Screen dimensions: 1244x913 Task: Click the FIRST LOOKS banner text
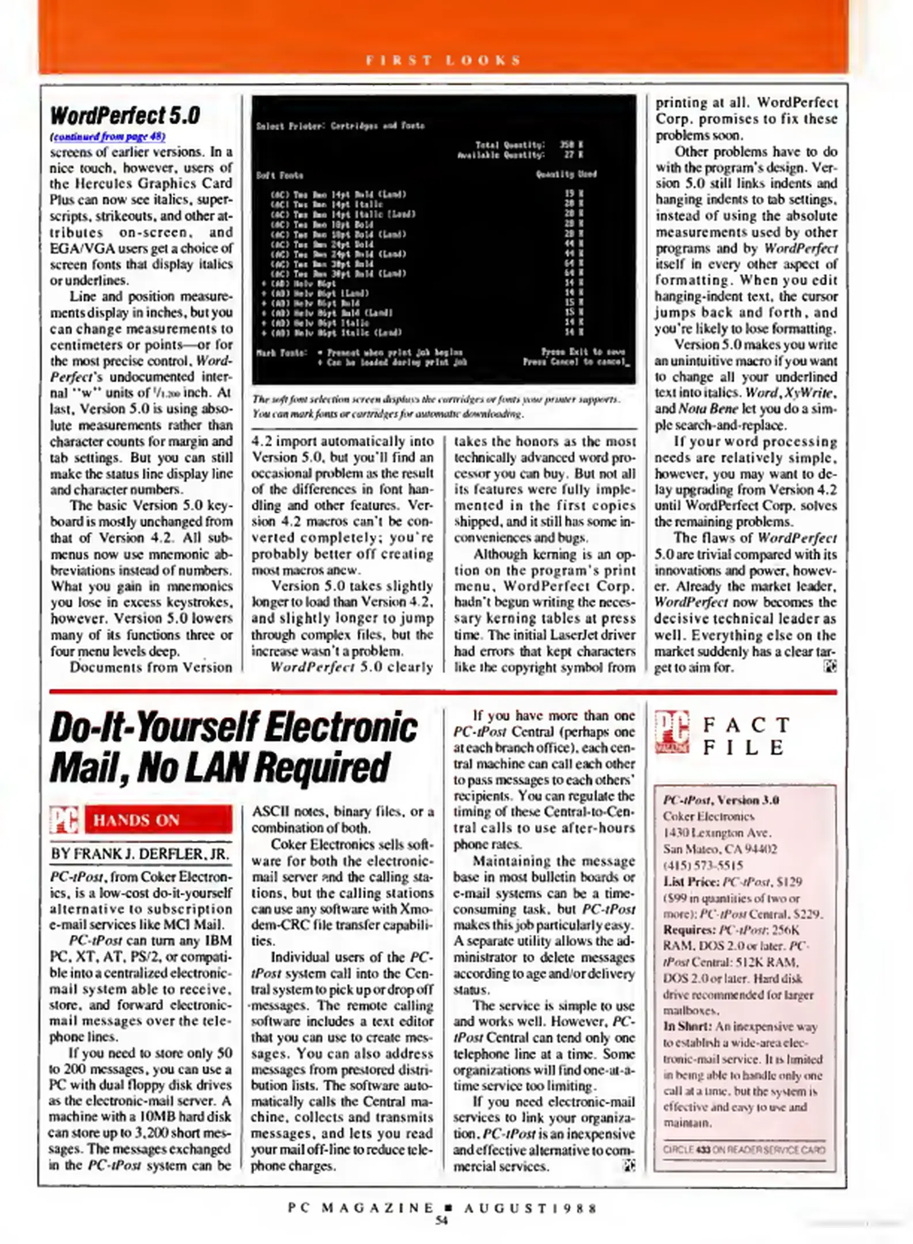(443, 60)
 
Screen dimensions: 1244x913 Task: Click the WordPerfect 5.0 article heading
(125, 115)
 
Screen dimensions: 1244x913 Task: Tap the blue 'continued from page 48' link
(108, 136)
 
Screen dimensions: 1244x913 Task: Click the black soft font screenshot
(444, 239)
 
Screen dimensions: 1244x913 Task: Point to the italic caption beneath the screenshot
(435, 406)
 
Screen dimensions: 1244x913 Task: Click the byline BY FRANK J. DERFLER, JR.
(140, 854)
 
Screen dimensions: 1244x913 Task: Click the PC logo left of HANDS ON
(64, 820)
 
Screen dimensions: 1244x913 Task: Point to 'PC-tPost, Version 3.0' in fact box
(721, 800)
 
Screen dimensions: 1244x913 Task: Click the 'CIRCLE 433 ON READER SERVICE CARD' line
(744, 1149)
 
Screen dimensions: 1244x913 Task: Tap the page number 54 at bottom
(441, 1220)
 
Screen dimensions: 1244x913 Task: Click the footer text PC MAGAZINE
(361, 1207)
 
